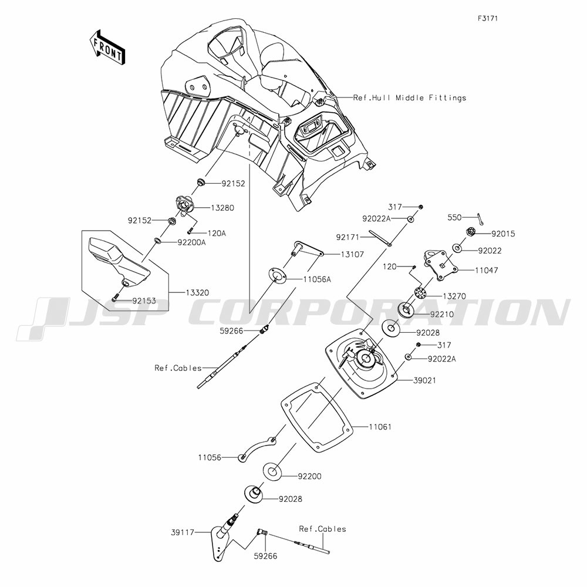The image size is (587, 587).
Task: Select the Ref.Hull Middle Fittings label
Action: (410, 97)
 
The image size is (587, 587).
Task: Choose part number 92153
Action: (144, 300)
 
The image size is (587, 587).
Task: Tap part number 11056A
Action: (316, 279)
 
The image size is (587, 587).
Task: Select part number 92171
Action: (365, 237)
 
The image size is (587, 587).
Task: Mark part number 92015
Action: (503, 233)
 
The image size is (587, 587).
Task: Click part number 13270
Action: (454, 296)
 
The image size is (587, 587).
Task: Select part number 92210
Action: (442, 313)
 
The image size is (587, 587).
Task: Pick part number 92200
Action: (309, 476)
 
